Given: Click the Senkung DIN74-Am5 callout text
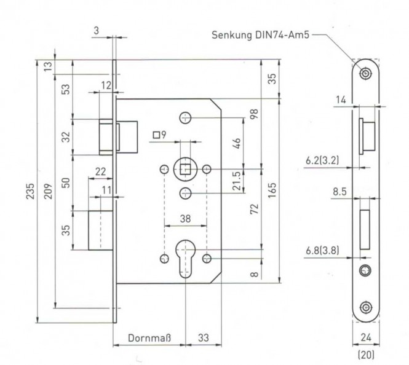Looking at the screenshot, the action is point(260,35).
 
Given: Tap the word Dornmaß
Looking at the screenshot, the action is point(149,338).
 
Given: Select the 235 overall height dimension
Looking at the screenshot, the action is point(30,191).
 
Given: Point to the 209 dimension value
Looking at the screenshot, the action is point(48,191).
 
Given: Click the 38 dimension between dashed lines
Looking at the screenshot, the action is point(185,219).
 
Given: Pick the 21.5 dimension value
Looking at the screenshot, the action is point(237,181).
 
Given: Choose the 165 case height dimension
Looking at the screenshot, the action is point(272,190).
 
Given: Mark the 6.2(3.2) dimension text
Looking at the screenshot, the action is point(322,160).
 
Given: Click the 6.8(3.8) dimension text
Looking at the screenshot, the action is point(322,251).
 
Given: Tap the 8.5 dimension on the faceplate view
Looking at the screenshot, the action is point(340,192).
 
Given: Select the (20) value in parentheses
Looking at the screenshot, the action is point(366,355).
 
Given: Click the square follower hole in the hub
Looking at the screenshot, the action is point(186,170).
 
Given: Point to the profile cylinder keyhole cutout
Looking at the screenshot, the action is point(185,258).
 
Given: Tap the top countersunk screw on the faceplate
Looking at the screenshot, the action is point(366,74).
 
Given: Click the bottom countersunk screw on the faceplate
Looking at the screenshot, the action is point(366,308).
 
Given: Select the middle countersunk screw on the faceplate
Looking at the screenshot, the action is point(365,271).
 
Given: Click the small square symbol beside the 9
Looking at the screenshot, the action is point(156,135).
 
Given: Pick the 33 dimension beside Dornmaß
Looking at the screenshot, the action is point(204,338).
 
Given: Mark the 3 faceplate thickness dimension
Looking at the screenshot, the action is point(97,31).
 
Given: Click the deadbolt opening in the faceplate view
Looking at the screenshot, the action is point(365,230).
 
